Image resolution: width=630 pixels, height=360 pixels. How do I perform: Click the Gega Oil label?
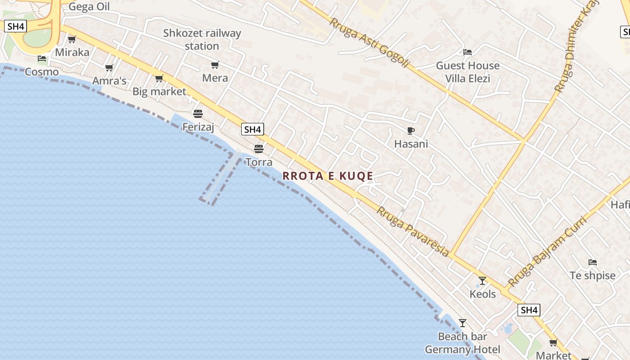[x=89, y=7]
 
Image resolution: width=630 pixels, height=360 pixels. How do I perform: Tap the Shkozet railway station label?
[x=202, y=40]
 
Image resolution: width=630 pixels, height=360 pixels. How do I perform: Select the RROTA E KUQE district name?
[x=328, y=176]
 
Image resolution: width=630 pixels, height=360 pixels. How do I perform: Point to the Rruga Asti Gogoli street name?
[x=369, y=43]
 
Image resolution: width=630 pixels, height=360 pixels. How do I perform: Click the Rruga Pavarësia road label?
[x=413, y=232]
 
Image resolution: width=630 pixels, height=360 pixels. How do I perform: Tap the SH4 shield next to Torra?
[x=252, y=130]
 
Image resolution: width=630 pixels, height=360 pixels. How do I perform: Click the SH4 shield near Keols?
[x=528, y=310]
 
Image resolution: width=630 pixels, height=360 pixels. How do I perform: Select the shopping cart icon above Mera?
[x=215, y=65]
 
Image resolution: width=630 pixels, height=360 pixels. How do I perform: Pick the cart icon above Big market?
[x=159, y=79]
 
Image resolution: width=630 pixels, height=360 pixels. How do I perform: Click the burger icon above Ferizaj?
[x=198, y=113]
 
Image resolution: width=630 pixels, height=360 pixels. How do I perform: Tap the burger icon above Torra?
[x=259, y=148]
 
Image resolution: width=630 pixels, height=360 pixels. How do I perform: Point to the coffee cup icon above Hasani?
[x=411, y=131]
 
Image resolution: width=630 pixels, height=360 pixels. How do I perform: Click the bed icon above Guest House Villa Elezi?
[x=468, y=52]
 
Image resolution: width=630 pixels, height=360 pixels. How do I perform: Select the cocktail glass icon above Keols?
[x=482, y=281]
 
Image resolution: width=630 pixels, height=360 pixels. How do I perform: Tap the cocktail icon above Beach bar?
[x=463, y=323]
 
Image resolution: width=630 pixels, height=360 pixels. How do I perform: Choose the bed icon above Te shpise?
[x=593, y=262]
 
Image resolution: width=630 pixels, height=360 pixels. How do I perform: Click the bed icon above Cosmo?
[x=42, y=58]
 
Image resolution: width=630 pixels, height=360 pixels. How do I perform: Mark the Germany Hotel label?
[x=463, y=350]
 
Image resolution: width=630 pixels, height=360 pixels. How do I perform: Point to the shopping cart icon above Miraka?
[x=72, y=39]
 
